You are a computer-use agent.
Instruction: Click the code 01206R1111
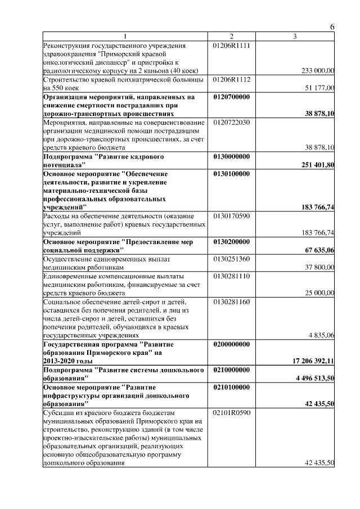231,44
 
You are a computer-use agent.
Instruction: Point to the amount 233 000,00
318,70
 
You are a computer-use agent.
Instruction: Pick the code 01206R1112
231,79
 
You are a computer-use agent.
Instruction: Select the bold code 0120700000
231,97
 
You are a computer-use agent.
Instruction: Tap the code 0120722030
231,122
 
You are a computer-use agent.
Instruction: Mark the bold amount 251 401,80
318,165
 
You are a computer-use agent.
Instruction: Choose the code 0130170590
231,217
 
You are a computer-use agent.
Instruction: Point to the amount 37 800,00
319,268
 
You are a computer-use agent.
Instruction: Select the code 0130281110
231,276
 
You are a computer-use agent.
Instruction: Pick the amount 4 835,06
322,336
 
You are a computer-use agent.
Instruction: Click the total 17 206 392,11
311,362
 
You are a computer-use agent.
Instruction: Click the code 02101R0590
231,413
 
